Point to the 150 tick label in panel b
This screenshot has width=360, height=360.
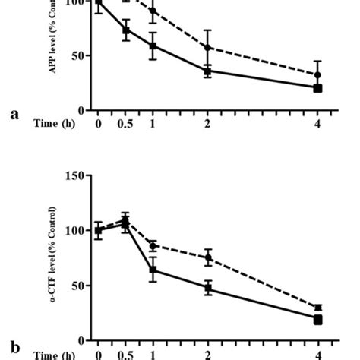coord(76,175)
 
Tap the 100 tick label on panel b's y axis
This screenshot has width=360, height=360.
coord(76,230)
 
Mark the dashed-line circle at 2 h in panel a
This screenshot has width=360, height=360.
coord(208,47)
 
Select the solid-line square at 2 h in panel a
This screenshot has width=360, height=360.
coord(208,71)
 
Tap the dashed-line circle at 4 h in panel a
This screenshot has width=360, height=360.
coord(318,75)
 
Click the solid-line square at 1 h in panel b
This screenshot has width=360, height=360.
coord(153,270)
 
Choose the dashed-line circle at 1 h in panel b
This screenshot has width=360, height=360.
coord(153,246)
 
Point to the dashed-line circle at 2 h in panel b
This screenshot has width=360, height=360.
coord(208,257)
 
